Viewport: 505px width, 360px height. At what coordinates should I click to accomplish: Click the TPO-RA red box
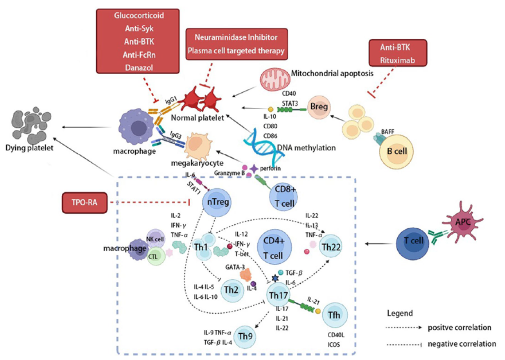(x=84, y=202)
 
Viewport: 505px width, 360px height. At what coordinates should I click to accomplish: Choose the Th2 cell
(x=231, y=290)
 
